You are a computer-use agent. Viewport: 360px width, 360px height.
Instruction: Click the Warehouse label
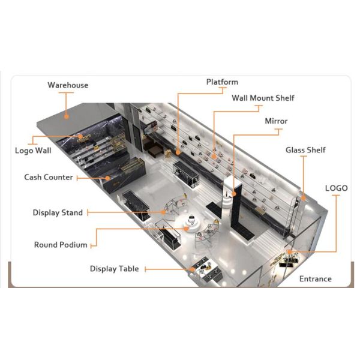click(x=68, y=85)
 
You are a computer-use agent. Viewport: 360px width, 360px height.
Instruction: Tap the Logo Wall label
click(x=33, y=151)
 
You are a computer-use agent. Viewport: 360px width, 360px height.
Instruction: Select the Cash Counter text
click(x=49, y=178)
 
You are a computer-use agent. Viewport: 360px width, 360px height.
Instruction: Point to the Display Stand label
click(x=58, y=213)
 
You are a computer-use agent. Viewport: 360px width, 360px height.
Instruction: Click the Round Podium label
click(x=61, y=245)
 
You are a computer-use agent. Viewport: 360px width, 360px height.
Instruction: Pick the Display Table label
click(x=114, y=269)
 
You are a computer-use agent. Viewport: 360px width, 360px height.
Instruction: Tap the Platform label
click(x=222, y=82)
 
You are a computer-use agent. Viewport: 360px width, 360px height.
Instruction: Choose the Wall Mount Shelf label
click(x=263, y=98)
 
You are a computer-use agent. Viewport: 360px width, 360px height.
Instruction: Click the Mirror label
click(x=276, y=121)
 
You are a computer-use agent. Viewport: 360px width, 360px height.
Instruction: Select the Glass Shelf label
click(x=305, y=150)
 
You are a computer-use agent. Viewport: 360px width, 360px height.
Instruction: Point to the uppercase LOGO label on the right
click(x=336, y=188)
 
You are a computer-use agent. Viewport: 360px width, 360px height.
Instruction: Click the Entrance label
click(x=315, y=279)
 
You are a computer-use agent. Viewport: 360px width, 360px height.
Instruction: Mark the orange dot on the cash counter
click(x=109, y=178)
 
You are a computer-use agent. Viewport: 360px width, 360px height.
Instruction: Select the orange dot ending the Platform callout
click(x=178, y=145)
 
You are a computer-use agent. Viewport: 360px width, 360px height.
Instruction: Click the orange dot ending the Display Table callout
click(x=193, y=269)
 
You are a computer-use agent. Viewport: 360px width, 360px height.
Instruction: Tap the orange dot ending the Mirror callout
click(x=232, y=196)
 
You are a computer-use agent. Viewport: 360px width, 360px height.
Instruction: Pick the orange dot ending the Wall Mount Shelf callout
click(x=214, y=157)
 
